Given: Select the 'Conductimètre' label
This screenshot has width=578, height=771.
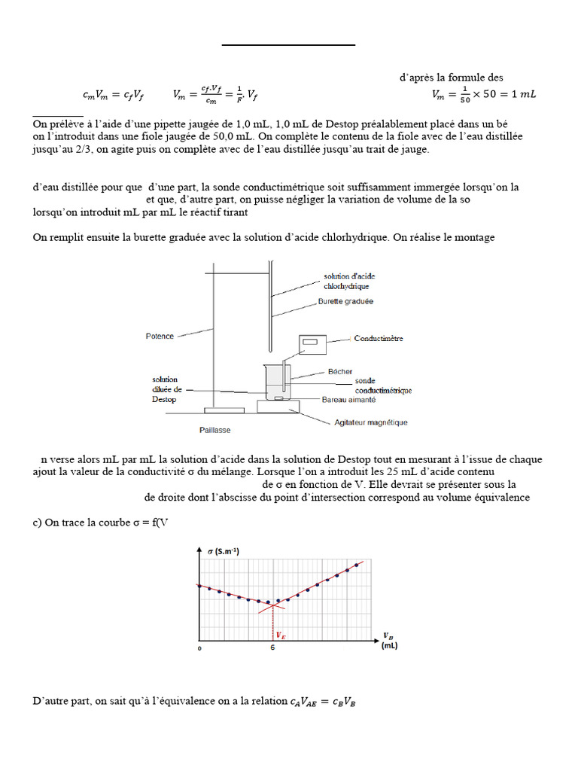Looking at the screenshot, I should pyautogui.click(x=379, y=339).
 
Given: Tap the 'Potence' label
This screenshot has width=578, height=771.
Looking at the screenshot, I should pyautogui.click(x=159, y=336).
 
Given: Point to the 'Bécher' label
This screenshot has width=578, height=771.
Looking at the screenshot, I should pyautogui.click(x=340, y=371).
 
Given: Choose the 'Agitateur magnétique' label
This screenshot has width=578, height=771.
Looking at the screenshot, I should pyautogui.click(x=370, y=422).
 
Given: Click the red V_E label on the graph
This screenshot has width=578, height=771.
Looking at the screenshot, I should pyautogui.click(x=281, y=635).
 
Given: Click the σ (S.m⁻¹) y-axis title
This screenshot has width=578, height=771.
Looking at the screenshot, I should pyautogui.click(x=229, y=552).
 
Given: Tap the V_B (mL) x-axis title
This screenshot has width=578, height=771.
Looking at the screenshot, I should pyautogui.click(x=389, y=640).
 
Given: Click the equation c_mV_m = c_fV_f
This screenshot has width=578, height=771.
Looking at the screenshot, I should pyautogui.click(x=113, y=96).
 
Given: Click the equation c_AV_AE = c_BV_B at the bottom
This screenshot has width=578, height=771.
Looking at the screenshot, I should pyautogui.click(x=323, y=702).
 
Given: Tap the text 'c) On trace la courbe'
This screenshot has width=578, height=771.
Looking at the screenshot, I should pyautogui.click(x=83, y=523).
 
